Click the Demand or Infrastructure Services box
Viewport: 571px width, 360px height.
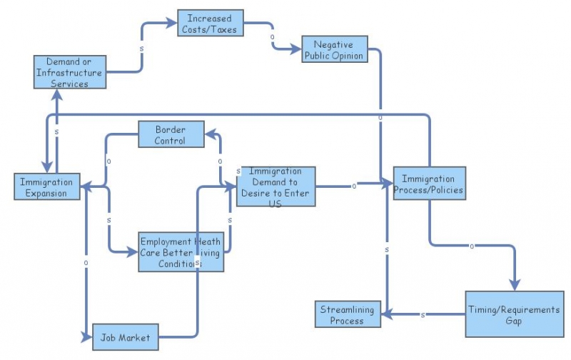(70, 73)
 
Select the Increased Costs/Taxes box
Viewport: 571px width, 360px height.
(210, 23)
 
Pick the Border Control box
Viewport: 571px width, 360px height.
(170, 135)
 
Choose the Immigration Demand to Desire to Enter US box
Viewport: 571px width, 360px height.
(276, 187)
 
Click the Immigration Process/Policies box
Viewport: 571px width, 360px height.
(429, 184)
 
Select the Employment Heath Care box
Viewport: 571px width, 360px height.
(181, 251)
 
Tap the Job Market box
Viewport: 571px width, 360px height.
(125, 337)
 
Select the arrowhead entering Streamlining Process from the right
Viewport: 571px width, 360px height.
(386, 314)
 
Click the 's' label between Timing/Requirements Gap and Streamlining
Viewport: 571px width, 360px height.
(423, 315)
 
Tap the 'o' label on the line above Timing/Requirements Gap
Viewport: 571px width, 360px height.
(471, 246)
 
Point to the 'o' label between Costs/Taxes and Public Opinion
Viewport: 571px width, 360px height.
(272, 36)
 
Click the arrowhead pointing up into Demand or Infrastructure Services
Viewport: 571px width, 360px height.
(56, 94)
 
